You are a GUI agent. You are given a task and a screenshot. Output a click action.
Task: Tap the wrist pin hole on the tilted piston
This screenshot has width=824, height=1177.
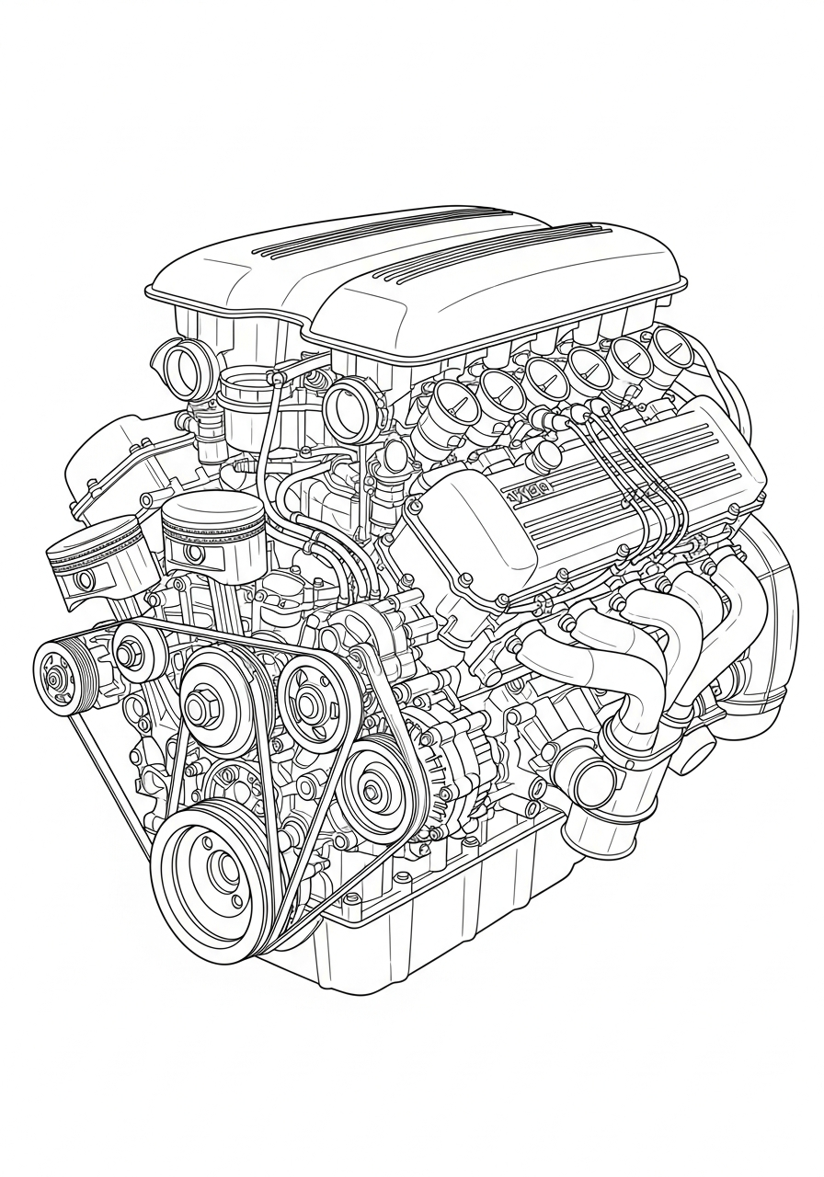point(85,580)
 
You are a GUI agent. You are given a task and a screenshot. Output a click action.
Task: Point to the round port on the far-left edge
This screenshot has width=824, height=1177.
point(180,368)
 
